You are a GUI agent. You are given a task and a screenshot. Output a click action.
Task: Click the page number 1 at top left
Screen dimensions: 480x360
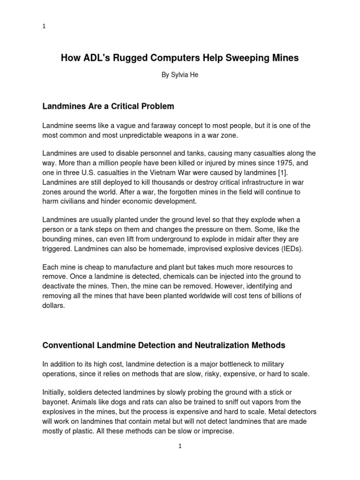point(44,27)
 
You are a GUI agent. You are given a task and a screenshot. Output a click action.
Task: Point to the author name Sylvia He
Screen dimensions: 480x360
point(180,75)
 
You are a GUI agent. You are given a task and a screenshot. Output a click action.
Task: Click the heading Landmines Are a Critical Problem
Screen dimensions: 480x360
point(108,106)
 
